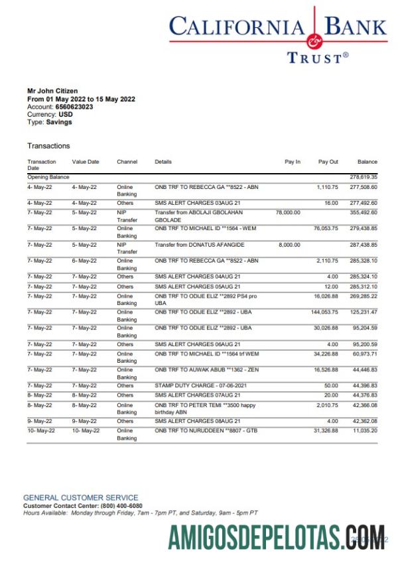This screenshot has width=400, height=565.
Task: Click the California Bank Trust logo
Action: click(277, 36)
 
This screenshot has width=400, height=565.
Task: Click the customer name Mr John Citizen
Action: click(52, 91)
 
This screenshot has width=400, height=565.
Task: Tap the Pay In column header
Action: click(293, 162)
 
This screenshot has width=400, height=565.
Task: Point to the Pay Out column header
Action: click(328, 162)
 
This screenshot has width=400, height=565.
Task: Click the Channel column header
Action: click(127, 162)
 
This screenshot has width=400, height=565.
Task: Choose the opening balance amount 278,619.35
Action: click(364, 177)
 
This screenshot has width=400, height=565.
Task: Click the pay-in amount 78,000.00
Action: click(288, 212)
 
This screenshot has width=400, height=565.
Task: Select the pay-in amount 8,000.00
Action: click(290, 245)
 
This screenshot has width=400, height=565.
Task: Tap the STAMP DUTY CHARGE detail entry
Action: click(195, 385)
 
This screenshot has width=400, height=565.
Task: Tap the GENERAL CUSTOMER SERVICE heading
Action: click(81, 497)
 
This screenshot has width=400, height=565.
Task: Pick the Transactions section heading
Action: click(48, 146)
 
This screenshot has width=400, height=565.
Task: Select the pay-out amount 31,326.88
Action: click(326, 430)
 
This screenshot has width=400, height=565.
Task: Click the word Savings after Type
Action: click(60, 122)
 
